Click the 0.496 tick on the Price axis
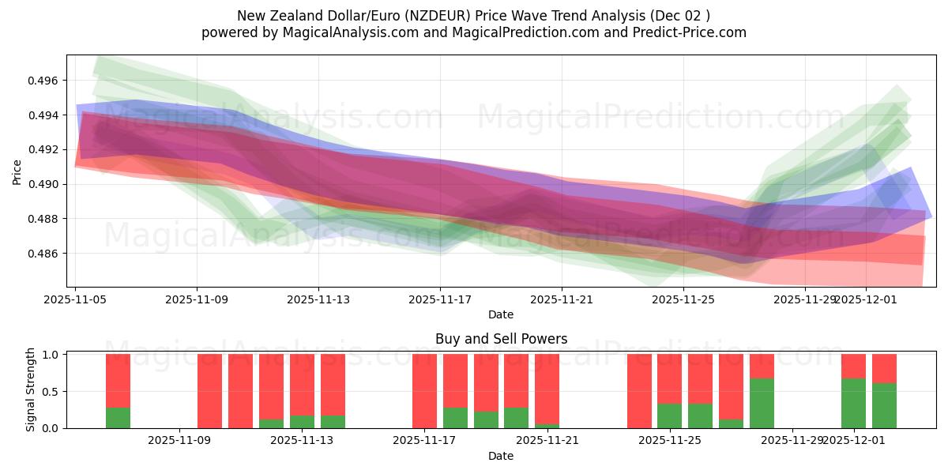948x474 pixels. [45, 81]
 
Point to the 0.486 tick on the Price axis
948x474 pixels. [45, 254]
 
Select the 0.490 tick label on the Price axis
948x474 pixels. [45, 184]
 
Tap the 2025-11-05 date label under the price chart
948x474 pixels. [75, 299]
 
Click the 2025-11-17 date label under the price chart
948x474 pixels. [440, 299]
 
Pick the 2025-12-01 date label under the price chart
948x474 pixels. [866, 299]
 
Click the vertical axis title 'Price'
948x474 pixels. [17, 171]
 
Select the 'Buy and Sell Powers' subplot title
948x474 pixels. [501, 339]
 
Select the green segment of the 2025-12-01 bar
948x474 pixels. [853, 403]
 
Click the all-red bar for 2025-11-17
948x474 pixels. [424, 391]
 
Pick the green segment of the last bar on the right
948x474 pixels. [884, 405]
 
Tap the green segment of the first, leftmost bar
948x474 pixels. [118, 418]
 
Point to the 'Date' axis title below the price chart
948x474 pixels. [501, 314]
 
